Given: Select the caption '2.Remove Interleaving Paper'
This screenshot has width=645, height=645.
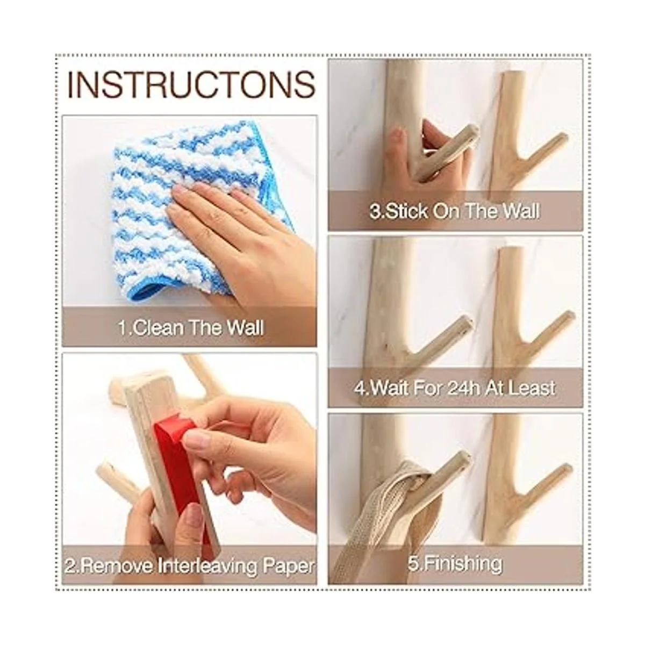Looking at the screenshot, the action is click(x=190, y=567).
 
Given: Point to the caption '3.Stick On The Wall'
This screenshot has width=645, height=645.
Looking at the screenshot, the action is click(x=455, y=212).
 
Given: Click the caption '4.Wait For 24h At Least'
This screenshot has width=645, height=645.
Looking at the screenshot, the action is click(x=455, y=388).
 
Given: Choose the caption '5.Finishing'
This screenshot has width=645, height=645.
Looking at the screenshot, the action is click(x=455, y=564).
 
